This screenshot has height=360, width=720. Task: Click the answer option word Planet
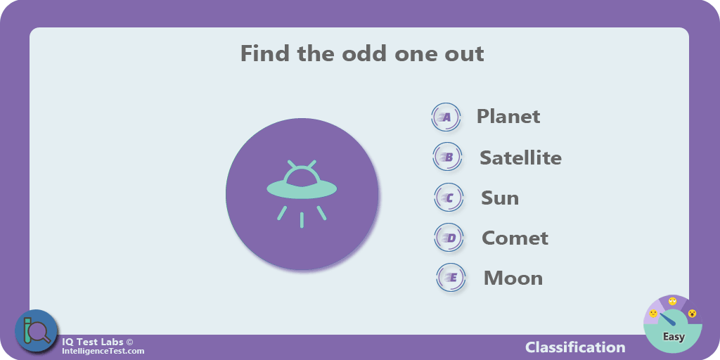pos(508,116)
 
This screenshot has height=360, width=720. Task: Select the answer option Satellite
pos(521,157)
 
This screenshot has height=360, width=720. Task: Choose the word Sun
pos(500,198)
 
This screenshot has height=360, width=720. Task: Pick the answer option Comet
pos(515,238)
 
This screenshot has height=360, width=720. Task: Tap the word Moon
pos(513,278)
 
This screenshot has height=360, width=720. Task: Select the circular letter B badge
pos(448,157)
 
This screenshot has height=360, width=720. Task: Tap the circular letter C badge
pos(449,198)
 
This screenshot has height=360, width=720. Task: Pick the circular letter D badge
pos(449,238)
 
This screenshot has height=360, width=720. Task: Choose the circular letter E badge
pos(451,277)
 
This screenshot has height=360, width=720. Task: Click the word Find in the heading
pos(264,53)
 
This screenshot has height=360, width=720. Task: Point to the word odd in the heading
pos(361,53)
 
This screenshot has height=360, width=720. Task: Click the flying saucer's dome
pos(301,176)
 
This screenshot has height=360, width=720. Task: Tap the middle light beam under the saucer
pos(302,220)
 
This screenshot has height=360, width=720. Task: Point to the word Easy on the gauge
pos(674,337)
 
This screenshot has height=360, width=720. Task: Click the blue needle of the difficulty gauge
pos(668,320)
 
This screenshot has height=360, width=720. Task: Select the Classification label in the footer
pos(575,347)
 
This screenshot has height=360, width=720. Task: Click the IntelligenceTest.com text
pos(103,352)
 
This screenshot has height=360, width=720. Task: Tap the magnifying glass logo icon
pos(37,330)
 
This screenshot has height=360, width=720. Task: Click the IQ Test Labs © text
pos(97,342)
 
